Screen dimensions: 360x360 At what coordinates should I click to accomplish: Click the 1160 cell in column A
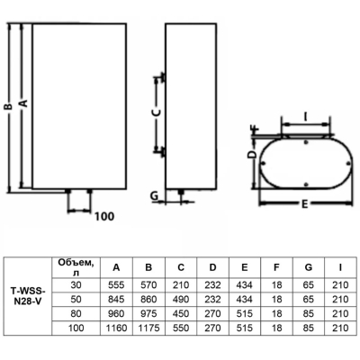point(116,328)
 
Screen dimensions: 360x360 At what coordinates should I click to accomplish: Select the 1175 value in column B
point(148,328)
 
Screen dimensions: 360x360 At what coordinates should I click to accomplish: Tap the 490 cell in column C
point(181,299)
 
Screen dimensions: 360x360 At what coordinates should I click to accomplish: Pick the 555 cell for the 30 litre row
point(116,284)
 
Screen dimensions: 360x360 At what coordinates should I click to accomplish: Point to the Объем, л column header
point(76,267)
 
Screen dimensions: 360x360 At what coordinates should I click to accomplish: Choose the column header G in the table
point(308,267)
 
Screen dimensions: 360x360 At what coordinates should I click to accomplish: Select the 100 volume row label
point(76,328)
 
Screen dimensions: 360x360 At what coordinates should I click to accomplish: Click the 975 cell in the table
point(148,313)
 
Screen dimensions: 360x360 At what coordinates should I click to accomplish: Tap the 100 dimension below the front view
point(104,216)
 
